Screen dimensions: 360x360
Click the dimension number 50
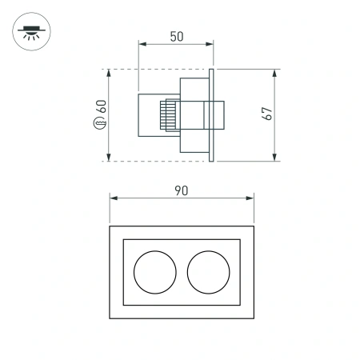176,36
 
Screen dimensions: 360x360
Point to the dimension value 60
102,106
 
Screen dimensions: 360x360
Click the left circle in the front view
152,272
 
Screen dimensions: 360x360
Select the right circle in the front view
207,272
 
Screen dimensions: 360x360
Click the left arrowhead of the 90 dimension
113,198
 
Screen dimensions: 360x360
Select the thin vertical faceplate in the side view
212,114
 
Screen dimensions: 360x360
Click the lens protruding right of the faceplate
221,114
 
